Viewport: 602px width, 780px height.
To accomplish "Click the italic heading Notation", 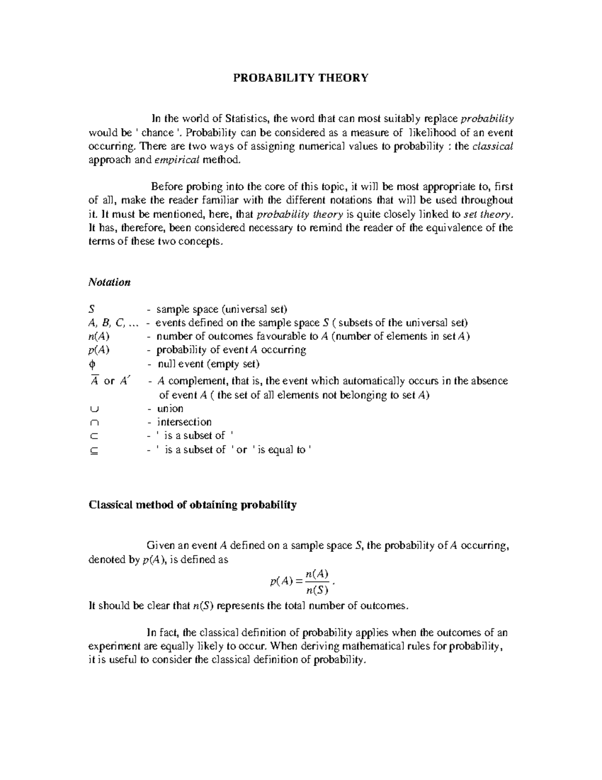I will click(x=109, y=282).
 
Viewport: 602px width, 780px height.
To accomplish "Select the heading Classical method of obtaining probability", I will click(x=193, y=505).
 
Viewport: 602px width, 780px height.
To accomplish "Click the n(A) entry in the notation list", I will click(x=99, y=337).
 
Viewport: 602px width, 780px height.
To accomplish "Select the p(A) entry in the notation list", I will click(x=99, y=350).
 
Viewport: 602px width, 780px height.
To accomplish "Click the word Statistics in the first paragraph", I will click(x=247, y=119).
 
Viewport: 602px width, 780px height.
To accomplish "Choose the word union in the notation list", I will click(x=170, y=409).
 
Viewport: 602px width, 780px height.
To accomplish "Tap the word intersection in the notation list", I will click(x=184, y=422).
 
